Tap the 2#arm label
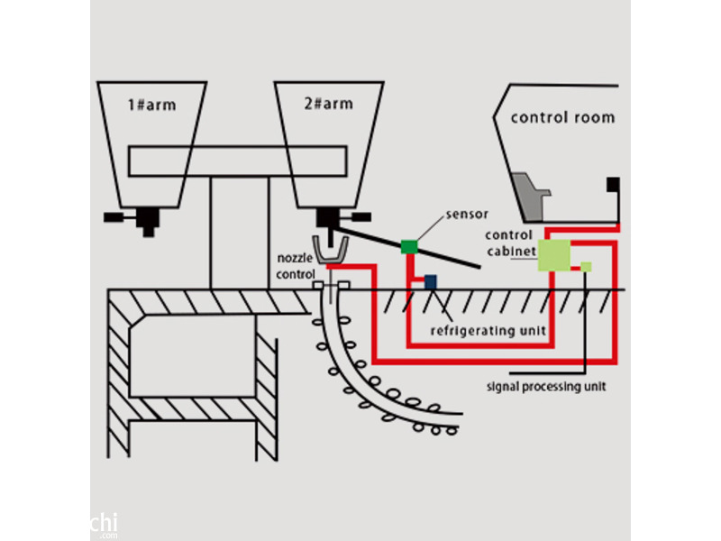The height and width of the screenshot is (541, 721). (x=328, y=105)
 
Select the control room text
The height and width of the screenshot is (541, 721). (x=562, y=117)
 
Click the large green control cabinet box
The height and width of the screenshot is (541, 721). (x=555, y=255)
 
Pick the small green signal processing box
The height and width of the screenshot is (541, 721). (x=586, y=266)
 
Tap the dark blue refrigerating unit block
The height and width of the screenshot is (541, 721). (x=431, y=282)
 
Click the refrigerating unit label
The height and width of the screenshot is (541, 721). (x=488, y=331)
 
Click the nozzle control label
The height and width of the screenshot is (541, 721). (x=297, y=266)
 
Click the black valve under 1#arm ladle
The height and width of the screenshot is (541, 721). (x=144, y=219)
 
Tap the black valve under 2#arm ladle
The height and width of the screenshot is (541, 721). (x=328, y=218)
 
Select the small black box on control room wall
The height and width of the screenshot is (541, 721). (x=613, y=185)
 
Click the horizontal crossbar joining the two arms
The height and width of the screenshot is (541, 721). (x=238, y=160)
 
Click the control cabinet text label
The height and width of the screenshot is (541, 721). (x=511, y=243)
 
